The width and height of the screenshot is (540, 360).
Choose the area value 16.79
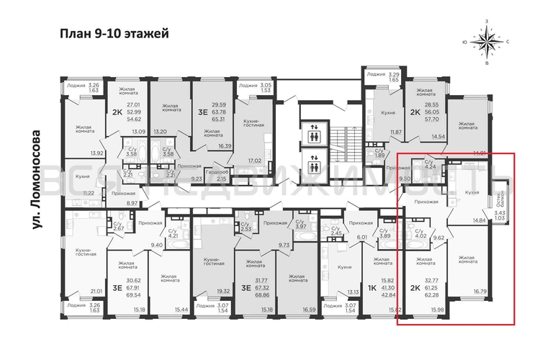(x=480, y=292)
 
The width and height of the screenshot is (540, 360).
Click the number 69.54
(x=133, y=295)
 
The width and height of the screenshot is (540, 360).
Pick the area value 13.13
(x=353, y=292)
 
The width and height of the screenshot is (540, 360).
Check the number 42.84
(x=390, y=294)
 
